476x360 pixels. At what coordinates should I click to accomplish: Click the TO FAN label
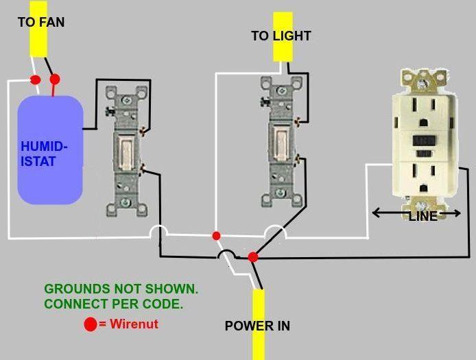point(41,22)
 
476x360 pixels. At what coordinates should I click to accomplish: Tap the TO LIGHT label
point(281,36)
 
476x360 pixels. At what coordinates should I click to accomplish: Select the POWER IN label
point(257,326)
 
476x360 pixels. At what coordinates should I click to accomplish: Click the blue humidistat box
point(50,150)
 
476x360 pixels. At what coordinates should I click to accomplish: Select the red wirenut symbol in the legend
point(91,324)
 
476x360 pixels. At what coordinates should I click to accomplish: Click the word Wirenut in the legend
point(134,323)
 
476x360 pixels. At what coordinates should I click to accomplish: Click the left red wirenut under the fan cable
point(36,80)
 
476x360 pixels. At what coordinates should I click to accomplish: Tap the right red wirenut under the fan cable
point(55,79)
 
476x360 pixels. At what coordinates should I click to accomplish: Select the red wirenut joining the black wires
point(252,256)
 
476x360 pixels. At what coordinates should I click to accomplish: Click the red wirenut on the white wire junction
point(216,236)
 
